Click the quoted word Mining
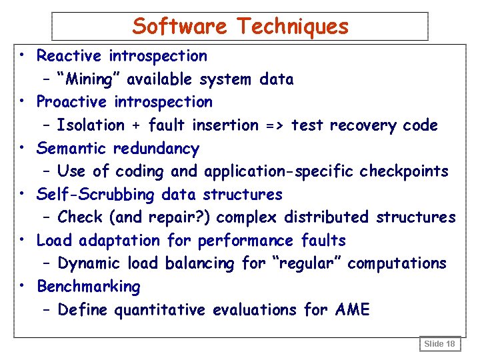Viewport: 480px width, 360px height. click(88, 79)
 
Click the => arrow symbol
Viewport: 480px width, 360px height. click(275, 125)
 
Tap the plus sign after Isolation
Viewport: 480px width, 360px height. click(136, 125)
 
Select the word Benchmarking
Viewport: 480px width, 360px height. click(89, 287)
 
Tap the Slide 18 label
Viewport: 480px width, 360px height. click(440, 344)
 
